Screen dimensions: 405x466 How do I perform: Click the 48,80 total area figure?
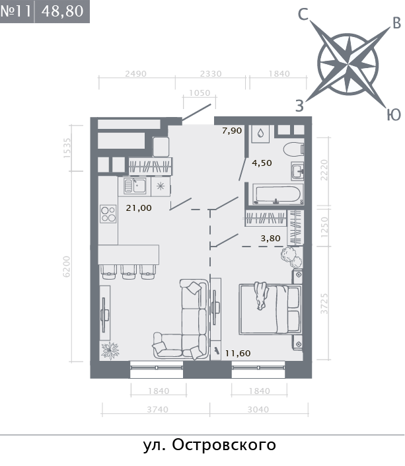click(x=62, y=11)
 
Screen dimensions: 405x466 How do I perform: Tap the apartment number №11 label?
click(x=16, y=11)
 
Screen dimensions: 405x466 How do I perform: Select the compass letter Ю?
click(x=393, y=115)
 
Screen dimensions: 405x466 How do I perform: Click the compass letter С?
click(x=303, y=15)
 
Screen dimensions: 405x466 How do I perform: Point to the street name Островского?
click(x=224, y=445)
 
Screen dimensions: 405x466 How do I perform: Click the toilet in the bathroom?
click(x=293, y=149)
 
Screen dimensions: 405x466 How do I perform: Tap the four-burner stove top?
click(x=108, y=214)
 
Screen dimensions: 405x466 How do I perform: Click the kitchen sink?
click(x=135, y=186)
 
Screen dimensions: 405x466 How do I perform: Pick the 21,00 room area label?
click(x=139, y=208)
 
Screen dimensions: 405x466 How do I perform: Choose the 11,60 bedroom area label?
click(x=238, y=353)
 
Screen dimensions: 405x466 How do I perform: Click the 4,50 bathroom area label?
click(x=262, y=163)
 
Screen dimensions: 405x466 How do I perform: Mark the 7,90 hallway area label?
click(x=232, y=130)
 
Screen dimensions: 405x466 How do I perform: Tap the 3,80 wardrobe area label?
click(x=270, y=239)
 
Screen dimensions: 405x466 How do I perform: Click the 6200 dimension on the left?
click(x=67, y=266)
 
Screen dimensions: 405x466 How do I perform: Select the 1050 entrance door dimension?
click(x=200, y=93)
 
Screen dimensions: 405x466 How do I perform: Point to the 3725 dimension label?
click(x=324, y=303)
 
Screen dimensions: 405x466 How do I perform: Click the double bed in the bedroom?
click(x=270, y=309)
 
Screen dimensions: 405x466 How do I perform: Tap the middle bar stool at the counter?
click(x=128, y=272)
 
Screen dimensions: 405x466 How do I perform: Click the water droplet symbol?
click(x=260, y=133)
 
